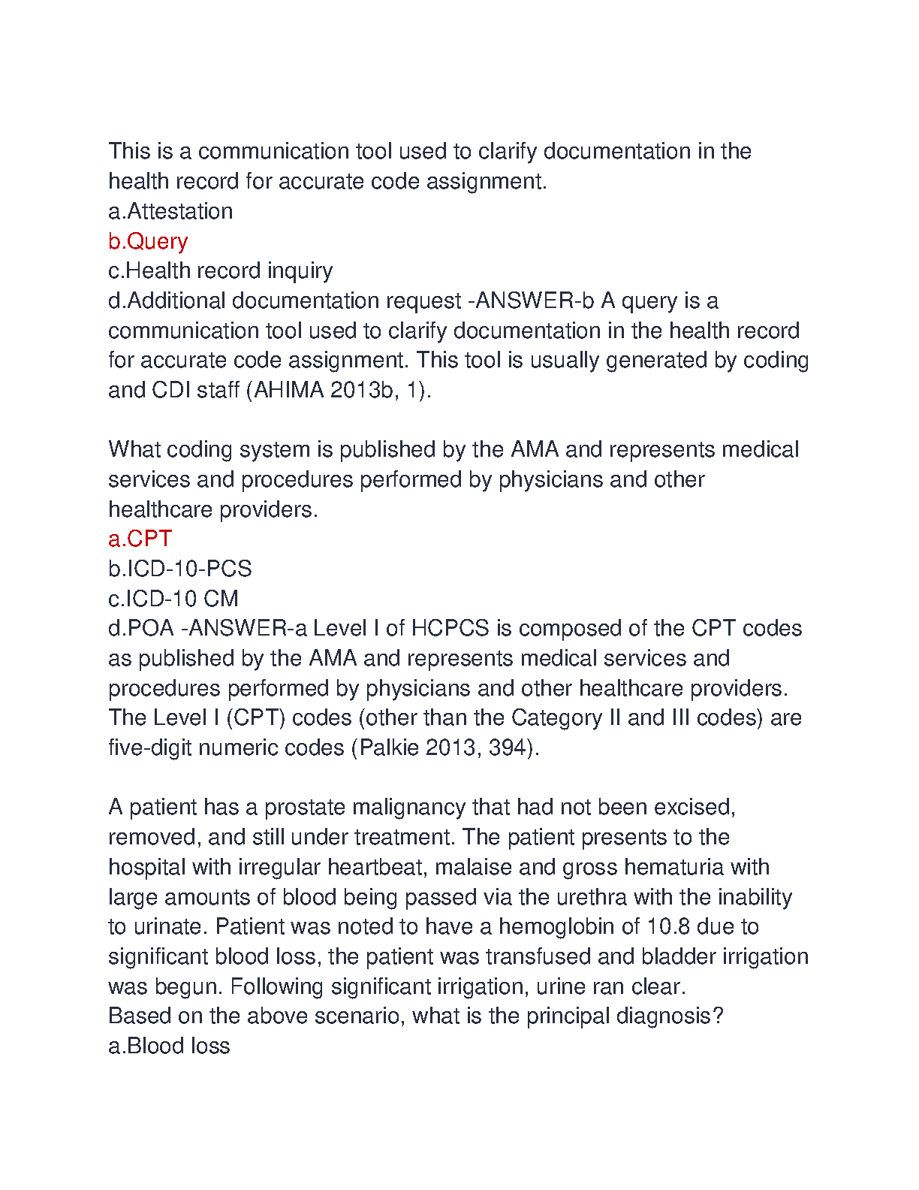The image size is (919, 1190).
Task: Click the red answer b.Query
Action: (x=148, y=241)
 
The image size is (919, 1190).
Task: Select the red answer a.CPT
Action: (x=140, y=539)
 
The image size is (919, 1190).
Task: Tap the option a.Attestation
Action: (x=170, y=211)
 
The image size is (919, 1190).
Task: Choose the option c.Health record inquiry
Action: (x=220, y=270)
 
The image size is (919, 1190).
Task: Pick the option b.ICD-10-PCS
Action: (x=180, y=569)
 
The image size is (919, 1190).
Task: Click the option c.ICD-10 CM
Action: (x=173, y=599)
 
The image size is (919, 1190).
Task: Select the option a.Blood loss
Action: (x=169, y=1046)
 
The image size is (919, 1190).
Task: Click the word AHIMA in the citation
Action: (x=289, y=390)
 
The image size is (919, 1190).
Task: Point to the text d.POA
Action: (x=141, y=628)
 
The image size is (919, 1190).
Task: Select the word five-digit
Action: (x=150, y=748)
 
